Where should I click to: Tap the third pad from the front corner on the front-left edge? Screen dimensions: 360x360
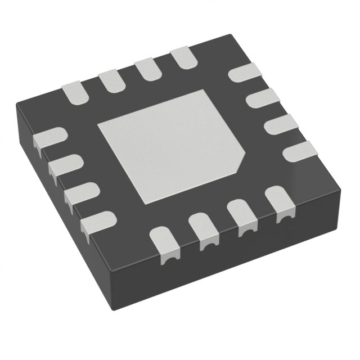(x=64, y=165)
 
